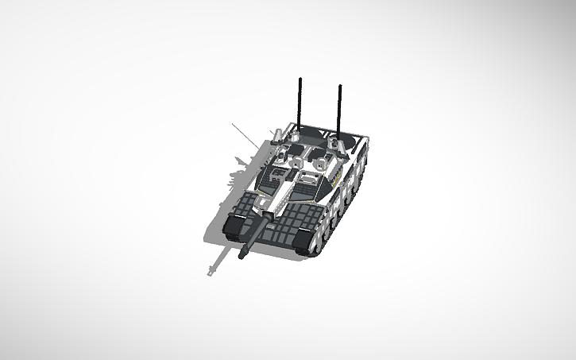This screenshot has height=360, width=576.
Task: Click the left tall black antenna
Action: [300, 103]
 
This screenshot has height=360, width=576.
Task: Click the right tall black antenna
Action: [340, 107]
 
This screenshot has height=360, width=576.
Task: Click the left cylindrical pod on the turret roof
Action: [295, 162]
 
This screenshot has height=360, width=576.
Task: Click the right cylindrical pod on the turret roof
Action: [322, 165]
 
